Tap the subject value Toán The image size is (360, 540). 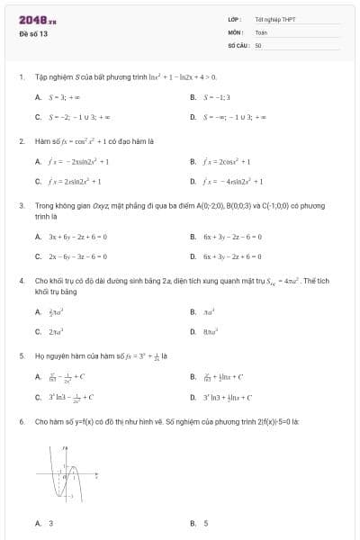261,31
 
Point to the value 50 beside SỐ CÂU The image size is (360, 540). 258,44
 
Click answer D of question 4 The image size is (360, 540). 212,331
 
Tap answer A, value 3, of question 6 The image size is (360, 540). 50,523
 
